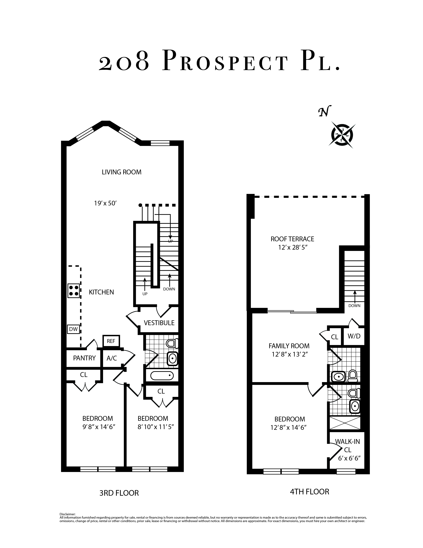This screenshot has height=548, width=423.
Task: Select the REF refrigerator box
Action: click(111, 341)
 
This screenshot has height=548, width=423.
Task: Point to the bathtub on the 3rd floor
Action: click(162, 376)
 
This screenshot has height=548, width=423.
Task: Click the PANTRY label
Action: click(84, 358)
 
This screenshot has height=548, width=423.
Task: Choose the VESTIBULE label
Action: click(159, 323)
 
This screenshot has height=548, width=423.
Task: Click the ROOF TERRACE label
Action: click(292, 239)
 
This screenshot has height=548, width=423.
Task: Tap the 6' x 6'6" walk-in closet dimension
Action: click(349, 458)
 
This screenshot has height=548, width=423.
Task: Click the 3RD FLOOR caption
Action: click(119, 493)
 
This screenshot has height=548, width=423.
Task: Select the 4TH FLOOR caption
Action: click(310, 492)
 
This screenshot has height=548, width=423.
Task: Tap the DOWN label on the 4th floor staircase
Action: click(354, 306)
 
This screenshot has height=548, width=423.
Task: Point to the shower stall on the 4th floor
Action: click(345, 423)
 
